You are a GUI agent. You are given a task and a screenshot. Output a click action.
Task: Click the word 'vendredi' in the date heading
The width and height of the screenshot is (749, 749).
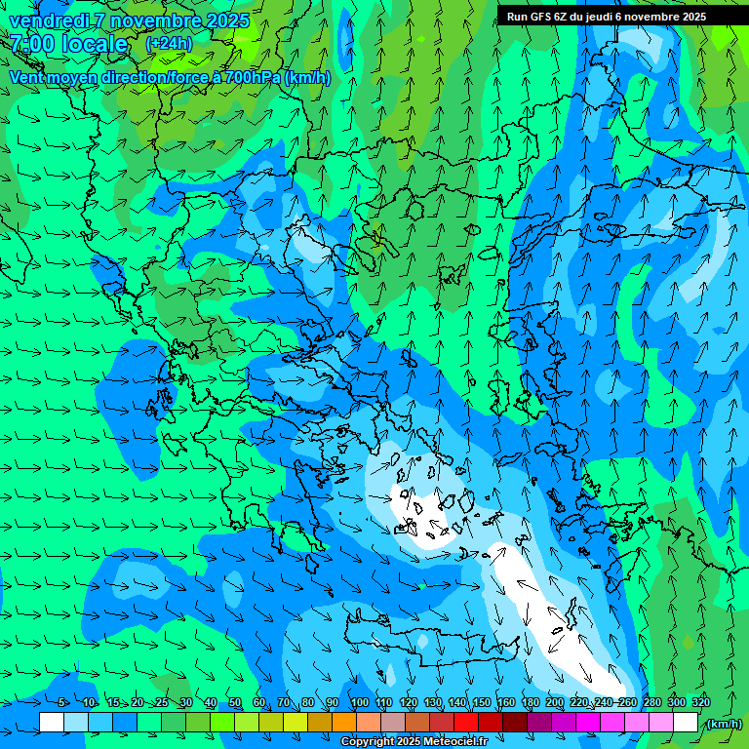46,20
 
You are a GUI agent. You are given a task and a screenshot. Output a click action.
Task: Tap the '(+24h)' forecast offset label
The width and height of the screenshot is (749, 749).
169,43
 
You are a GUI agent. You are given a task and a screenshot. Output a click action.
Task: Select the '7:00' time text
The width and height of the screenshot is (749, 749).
32,44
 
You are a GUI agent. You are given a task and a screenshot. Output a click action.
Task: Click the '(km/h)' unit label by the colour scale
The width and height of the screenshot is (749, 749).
723,724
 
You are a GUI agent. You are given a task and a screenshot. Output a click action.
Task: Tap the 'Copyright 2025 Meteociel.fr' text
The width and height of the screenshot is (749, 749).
414,742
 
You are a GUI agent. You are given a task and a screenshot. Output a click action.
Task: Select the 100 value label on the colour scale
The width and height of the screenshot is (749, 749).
360,702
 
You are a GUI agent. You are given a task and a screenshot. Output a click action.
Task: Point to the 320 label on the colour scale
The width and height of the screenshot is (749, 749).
701,702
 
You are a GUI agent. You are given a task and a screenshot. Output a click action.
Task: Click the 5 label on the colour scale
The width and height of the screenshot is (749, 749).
61,702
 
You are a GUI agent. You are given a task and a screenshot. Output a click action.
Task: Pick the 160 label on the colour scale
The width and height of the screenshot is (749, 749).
505,702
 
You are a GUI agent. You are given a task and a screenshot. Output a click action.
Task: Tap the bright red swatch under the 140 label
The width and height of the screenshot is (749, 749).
466,723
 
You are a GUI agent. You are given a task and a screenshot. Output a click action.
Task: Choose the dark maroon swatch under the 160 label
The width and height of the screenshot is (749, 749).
515,723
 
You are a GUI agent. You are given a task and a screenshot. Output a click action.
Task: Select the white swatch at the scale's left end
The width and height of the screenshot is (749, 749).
52,723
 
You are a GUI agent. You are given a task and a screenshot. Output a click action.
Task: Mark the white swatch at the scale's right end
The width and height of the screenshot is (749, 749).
686,723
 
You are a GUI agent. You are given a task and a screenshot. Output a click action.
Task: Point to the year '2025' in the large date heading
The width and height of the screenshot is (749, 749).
228,20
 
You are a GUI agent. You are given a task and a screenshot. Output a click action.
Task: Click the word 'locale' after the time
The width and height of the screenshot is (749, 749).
94,44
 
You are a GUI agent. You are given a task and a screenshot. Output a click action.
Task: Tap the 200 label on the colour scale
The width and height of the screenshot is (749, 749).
555,702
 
